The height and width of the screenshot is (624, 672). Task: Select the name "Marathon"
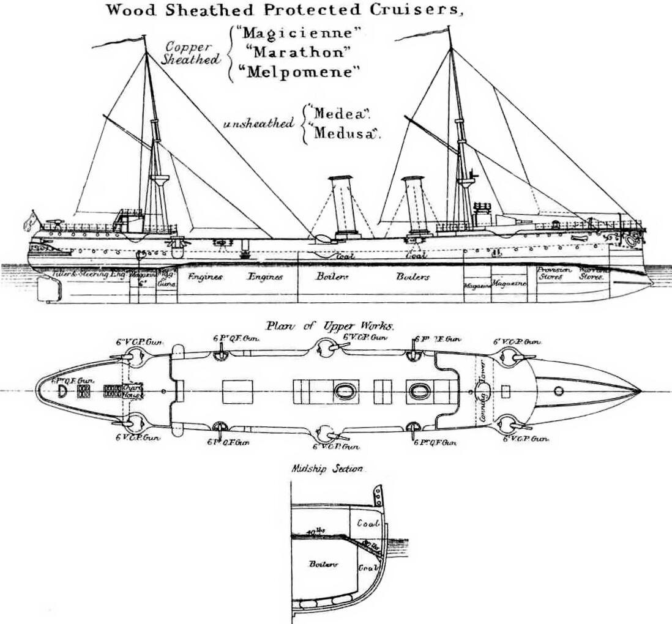point(289,53)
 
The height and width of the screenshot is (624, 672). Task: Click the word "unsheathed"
point(259,124)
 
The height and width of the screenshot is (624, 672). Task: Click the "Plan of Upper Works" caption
point(330,327)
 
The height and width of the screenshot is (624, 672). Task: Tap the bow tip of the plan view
point(639,390)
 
